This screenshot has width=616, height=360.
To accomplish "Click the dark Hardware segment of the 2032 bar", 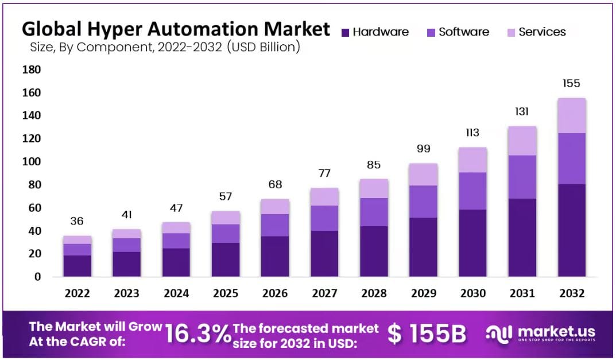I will tap(571, 230).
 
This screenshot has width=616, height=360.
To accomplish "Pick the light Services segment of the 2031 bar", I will tap(522, 141).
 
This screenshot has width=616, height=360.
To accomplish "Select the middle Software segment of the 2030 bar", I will tap(472, 191).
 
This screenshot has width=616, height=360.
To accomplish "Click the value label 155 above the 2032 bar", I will tap(571, 83).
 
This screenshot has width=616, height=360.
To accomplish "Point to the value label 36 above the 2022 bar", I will tap(78, 221).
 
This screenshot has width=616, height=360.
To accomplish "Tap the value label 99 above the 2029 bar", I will tap(423, 149).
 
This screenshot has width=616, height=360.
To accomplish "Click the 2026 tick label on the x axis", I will tap(275, 293).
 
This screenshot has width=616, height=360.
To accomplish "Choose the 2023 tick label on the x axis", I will tap(127, 293).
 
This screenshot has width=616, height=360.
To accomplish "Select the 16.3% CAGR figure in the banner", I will tap(197, 333).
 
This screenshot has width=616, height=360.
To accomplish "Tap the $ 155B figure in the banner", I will tap(426, 334).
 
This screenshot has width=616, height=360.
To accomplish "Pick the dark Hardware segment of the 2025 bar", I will tap(226, 259).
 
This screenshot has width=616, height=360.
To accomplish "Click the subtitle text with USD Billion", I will tap(164, 47).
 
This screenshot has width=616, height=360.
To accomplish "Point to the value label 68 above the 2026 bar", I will tap(275, 185).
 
